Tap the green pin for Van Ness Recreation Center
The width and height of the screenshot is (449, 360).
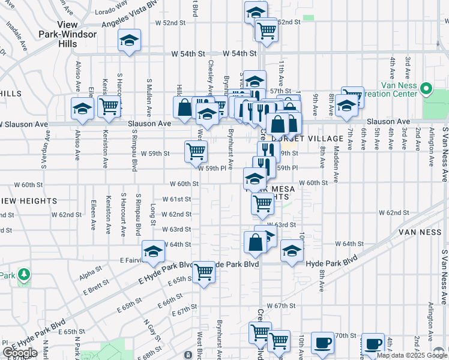point(427,89)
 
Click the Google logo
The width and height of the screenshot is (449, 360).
point(20,353)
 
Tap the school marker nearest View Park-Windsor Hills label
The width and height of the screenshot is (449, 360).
point(129,40)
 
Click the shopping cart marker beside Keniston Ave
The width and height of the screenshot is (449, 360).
point(109,106)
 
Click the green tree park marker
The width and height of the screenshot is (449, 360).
point(23,275)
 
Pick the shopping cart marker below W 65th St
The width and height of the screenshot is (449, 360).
point(204,272)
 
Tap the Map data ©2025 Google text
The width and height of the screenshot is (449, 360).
point(412,355)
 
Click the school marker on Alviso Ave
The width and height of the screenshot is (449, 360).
point(82,109)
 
